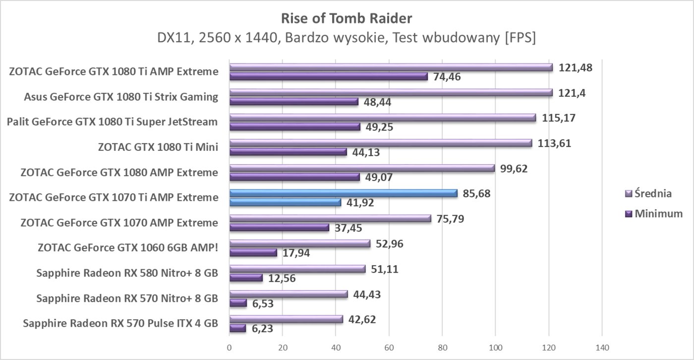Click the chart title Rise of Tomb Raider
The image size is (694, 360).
tap(347, 19)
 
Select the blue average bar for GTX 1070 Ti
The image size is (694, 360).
tap(343, 193)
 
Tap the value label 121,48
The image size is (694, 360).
tap(576, 67)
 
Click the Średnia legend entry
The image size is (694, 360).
tap(652, 193)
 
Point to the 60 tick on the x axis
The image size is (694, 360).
tap(389, 348)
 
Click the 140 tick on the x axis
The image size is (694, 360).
tap(602, 348)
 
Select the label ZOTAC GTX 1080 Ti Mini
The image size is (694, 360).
tap(159, 147)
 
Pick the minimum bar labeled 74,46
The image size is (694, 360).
tap(328, 76)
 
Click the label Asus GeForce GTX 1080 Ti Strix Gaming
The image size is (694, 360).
tap(121, 97)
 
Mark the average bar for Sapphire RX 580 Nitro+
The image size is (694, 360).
tap(297, 269)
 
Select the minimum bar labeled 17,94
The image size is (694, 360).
tap(253, 252)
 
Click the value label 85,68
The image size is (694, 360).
tap(476, 193)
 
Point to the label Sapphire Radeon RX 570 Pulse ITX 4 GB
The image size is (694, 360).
tap(120, 324)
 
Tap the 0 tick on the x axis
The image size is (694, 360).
tap(229, 348)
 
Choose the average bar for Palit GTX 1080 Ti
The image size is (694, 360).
tap(382, 118)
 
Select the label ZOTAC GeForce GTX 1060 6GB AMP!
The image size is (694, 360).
tap(128, 248)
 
